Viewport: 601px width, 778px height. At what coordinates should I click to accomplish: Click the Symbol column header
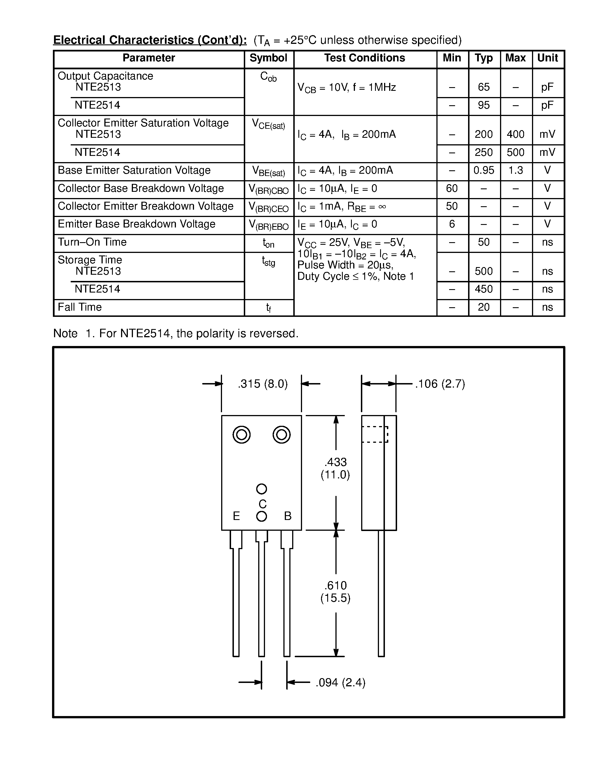(x=268, y=58)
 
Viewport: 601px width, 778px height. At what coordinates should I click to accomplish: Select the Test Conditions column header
(x=365, y=58)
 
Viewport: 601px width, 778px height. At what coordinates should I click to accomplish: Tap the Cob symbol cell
(x=268, y=77)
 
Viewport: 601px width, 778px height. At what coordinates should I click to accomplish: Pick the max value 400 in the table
(x=515, y=134)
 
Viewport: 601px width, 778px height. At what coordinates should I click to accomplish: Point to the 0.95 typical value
(x=484, y=171)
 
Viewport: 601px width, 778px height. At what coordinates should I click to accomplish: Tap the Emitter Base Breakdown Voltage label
(x=136, y=224)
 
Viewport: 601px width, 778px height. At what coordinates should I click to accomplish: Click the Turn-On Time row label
(x=92, y=242)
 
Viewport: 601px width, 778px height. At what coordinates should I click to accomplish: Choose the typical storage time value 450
(x=484, y=289)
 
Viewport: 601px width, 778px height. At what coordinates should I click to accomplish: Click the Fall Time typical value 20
(x=484, y=307)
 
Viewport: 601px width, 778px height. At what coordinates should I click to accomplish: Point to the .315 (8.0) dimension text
(x=263, y=384)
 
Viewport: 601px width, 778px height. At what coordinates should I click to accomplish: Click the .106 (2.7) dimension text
(x=440, y=384)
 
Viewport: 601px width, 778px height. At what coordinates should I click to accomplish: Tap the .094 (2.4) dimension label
(x=340, y=683)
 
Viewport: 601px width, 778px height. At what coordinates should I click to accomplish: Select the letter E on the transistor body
(x=236, y=516)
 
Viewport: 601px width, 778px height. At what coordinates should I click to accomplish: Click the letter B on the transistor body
(x=288, y=516)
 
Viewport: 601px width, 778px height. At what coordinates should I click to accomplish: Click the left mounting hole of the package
(x=242, y=435)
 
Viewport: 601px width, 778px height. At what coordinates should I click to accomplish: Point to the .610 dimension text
(x=335, y=586)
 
